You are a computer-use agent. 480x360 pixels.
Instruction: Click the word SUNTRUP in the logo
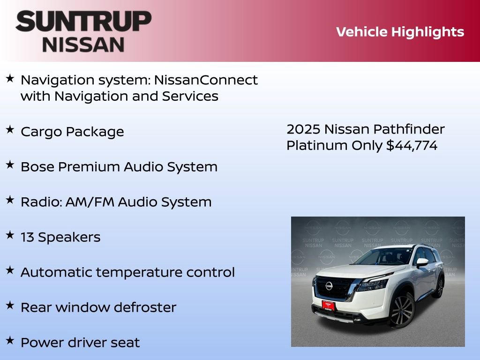click(x=83, y=22)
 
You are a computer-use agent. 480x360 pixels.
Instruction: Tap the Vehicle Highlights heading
click(x=400, y=32)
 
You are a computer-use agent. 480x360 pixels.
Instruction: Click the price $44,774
click(x=412, y=146)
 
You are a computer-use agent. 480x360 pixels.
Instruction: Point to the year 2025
click(x=303, y=129)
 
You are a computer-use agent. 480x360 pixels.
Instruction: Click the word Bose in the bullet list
click(x=37, y=167)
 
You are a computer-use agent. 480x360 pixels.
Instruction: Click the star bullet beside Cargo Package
click(x=10, y=130)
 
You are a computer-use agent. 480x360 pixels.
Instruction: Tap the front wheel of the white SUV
click(x=401, y=310)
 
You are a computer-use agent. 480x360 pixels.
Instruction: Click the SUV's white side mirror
click(x=422, y=262)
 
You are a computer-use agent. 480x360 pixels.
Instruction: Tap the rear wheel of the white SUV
click(x=440, y=287)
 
